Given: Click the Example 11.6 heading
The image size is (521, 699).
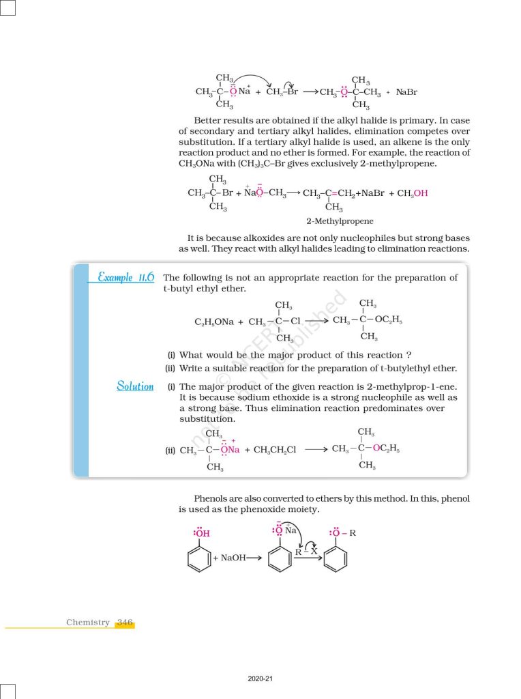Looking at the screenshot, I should [126, 277].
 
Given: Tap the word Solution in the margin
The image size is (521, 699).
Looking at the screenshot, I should [135, 386].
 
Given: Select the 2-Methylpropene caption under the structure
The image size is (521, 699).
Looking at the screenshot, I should [340, 221].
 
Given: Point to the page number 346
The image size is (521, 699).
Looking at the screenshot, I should [125, 622].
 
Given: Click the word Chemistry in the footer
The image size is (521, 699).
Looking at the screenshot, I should [88, 622].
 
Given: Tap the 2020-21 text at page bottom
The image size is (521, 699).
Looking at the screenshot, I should [260, 679].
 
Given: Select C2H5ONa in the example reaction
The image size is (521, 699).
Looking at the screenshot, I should [213, 322].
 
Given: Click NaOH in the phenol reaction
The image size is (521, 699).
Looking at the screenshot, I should [233, 558].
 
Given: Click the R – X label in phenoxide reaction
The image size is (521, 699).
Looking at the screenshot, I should [306, 552].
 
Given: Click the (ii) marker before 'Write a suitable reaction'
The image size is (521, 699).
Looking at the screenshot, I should [171, 368].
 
